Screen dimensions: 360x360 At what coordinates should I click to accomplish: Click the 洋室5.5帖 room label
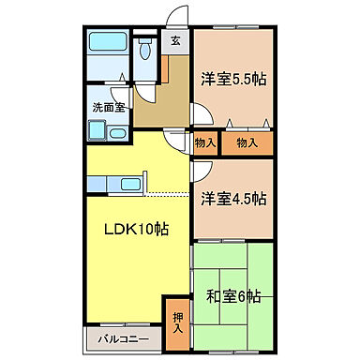tap(233, 80)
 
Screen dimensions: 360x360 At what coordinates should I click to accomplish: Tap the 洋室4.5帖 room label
tap(233, 198)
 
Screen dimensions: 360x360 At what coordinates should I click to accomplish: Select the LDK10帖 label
tap(137, 229)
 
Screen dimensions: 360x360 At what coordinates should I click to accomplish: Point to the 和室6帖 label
tap(233, 297)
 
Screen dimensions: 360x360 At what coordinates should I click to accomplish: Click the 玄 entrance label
tap(175, 41)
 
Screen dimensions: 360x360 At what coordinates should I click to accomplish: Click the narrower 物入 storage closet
tap(205, 142)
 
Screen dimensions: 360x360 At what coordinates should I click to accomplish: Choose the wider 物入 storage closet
tap(247, 142)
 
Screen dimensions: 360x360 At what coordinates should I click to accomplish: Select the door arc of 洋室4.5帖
tap(200, 169)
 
